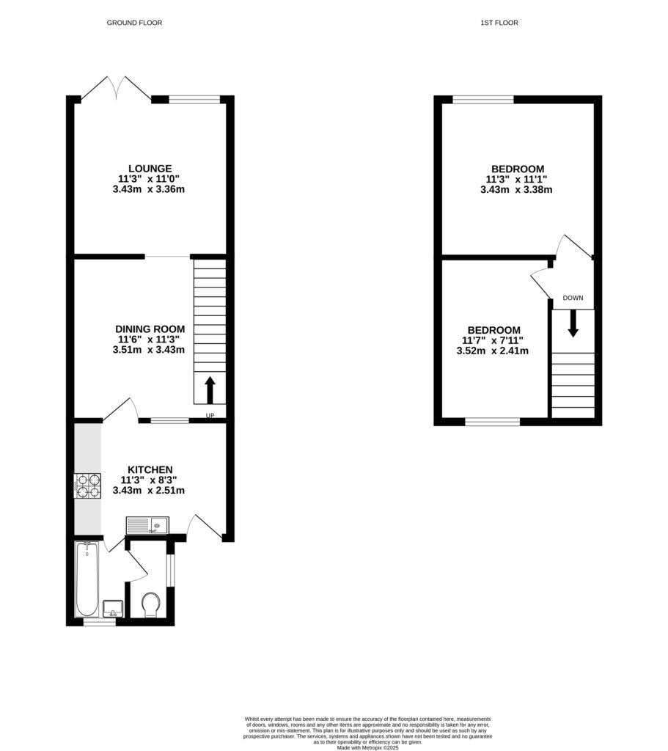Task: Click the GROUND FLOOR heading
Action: point(134,23)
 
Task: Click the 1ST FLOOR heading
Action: point(499,23)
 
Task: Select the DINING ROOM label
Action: point(150,329)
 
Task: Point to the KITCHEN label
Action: point(150,469)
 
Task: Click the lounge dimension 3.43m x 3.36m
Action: point(148,189)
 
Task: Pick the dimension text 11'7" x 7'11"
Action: point(492,340)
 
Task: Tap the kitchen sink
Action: point(147,524)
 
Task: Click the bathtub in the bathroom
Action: point(87,579)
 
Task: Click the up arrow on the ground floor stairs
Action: point(210,390)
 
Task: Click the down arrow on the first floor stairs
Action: point(573,323)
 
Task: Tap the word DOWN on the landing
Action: point(573,298)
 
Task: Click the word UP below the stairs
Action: point(210,417)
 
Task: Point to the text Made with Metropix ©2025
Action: point(367,747)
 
